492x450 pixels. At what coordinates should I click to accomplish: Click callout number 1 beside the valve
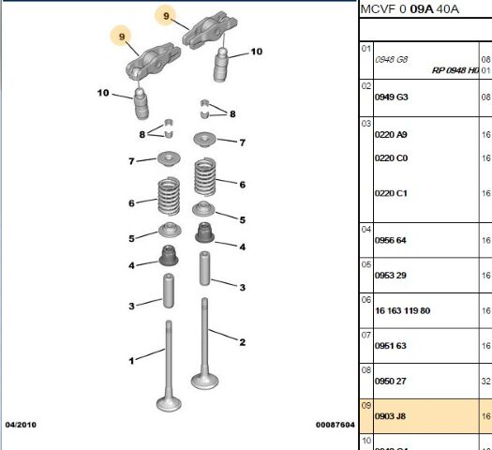132,360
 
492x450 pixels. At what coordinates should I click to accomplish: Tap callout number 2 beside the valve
242,342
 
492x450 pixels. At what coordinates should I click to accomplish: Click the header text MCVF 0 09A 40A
410,9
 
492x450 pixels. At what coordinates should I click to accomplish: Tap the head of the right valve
205,381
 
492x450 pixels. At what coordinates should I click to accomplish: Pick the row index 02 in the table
366,85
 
